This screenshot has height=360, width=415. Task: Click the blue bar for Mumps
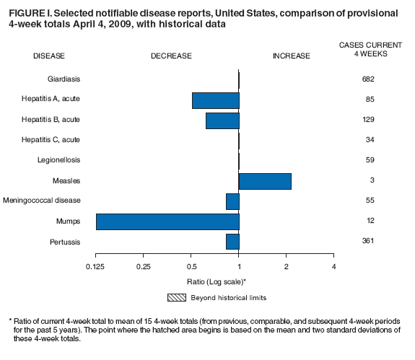(x=167, y=221)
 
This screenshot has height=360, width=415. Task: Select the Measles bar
(x=265, y=180)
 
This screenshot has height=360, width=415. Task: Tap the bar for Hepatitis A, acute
(x=215, y=100)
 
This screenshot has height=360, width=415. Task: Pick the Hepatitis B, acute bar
(x=222, y=120)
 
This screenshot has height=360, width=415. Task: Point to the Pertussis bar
(x=232, y=242)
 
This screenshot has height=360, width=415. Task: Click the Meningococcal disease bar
(x=232, y=201)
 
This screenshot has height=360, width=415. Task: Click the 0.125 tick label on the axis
(x=96, y=268)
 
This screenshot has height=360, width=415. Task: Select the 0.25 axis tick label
(x=144, y=268)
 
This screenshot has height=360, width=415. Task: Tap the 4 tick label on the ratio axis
(x=333, y=268)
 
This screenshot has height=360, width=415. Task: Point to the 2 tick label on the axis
(x=287, y=268)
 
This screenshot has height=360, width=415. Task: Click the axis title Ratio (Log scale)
(x=215, y=281)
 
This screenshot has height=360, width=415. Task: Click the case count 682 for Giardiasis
(x=368, y=79)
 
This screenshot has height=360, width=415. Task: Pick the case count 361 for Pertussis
(x=368, y=241)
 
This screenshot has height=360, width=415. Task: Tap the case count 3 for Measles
(x=368, y=180)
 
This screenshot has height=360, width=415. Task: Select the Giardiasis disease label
(x=64, y=79)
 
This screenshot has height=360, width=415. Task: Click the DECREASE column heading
(x=171, y=56)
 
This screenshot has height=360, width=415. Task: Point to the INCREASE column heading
(x=291, y=56)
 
